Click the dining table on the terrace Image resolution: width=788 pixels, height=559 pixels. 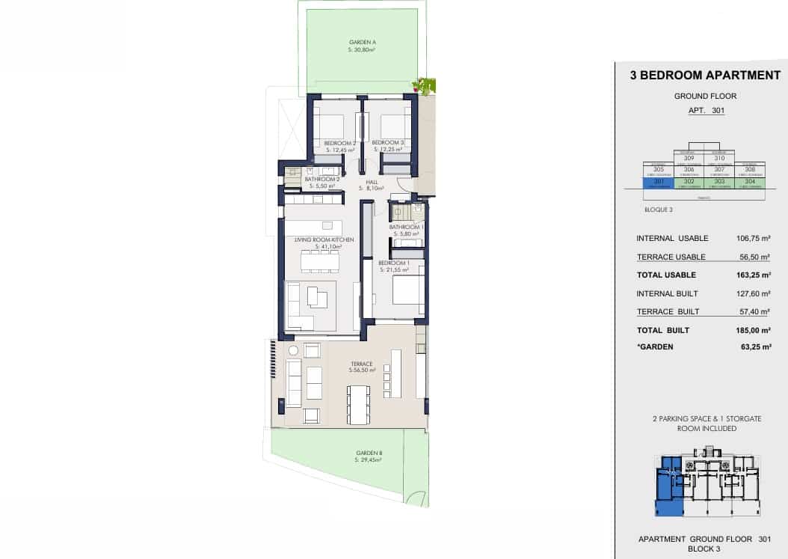pyautogui.click(x=360, y=404)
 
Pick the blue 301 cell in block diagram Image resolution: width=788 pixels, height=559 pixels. pyautogui.click(x=659, y=182)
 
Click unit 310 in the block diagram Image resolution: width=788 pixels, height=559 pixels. pyautogui.click(x=719, y=158)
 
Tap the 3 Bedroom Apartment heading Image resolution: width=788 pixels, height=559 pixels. pyautogui.click(x=705, y=75)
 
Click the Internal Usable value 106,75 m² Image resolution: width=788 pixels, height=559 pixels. pyautogui.click(x=753, y=239)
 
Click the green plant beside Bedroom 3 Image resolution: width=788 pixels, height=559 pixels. pyautogui.click(x=426, y=86)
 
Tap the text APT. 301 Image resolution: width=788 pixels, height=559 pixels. pyautogui.click(x=706, y=111)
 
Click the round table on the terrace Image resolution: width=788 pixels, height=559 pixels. pyautogui.click(x=293, y=350)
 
